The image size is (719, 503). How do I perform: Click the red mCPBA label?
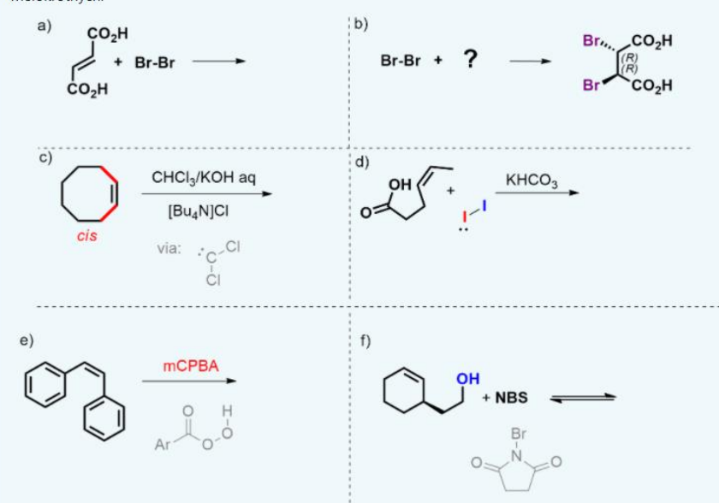[x=191, y=367]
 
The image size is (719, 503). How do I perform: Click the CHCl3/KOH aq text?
[x=203, y=177]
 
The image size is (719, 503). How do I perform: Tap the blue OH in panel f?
[x=468, y=378]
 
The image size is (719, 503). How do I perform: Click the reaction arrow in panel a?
[x=217, y=62]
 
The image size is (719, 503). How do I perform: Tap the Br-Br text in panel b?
[x=401, y=62]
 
